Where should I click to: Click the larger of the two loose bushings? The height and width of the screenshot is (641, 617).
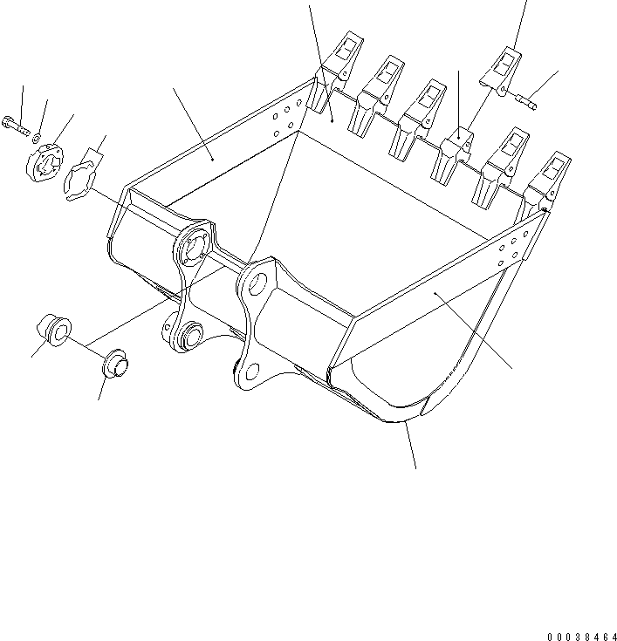[x=54, y=331]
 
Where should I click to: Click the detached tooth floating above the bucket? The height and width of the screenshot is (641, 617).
[x=501, y=69]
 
